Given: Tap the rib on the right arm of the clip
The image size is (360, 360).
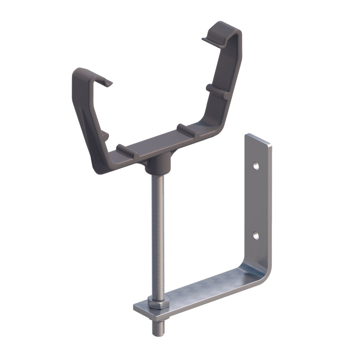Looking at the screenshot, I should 217,91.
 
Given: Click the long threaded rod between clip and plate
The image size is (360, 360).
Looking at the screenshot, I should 157,232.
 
